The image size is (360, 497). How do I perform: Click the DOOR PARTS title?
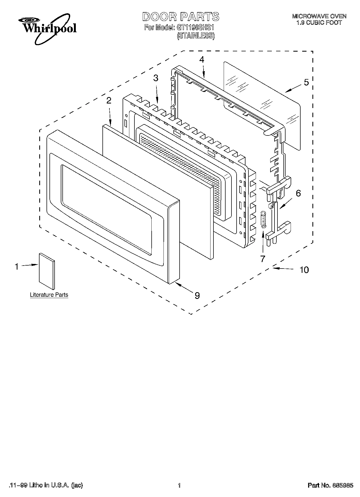180,17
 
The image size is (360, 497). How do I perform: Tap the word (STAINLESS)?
195,36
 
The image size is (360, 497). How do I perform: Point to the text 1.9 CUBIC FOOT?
319,23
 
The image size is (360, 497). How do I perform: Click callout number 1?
17,267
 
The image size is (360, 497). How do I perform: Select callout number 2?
109,101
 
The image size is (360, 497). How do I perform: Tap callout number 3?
156,78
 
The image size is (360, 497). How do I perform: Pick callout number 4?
202,60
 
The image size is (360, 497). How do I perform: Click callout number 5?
306,83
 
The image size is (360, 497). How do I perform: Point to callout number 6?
298,193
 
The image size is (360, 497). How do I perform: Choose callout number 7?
263,259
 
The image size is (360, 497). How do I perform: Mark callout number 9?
197,296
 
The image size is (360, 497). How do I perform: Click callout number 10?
304,270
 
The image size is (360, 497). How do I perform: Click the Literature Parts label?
49,295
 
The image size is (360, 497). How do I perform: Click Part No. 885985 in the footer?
330,485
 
